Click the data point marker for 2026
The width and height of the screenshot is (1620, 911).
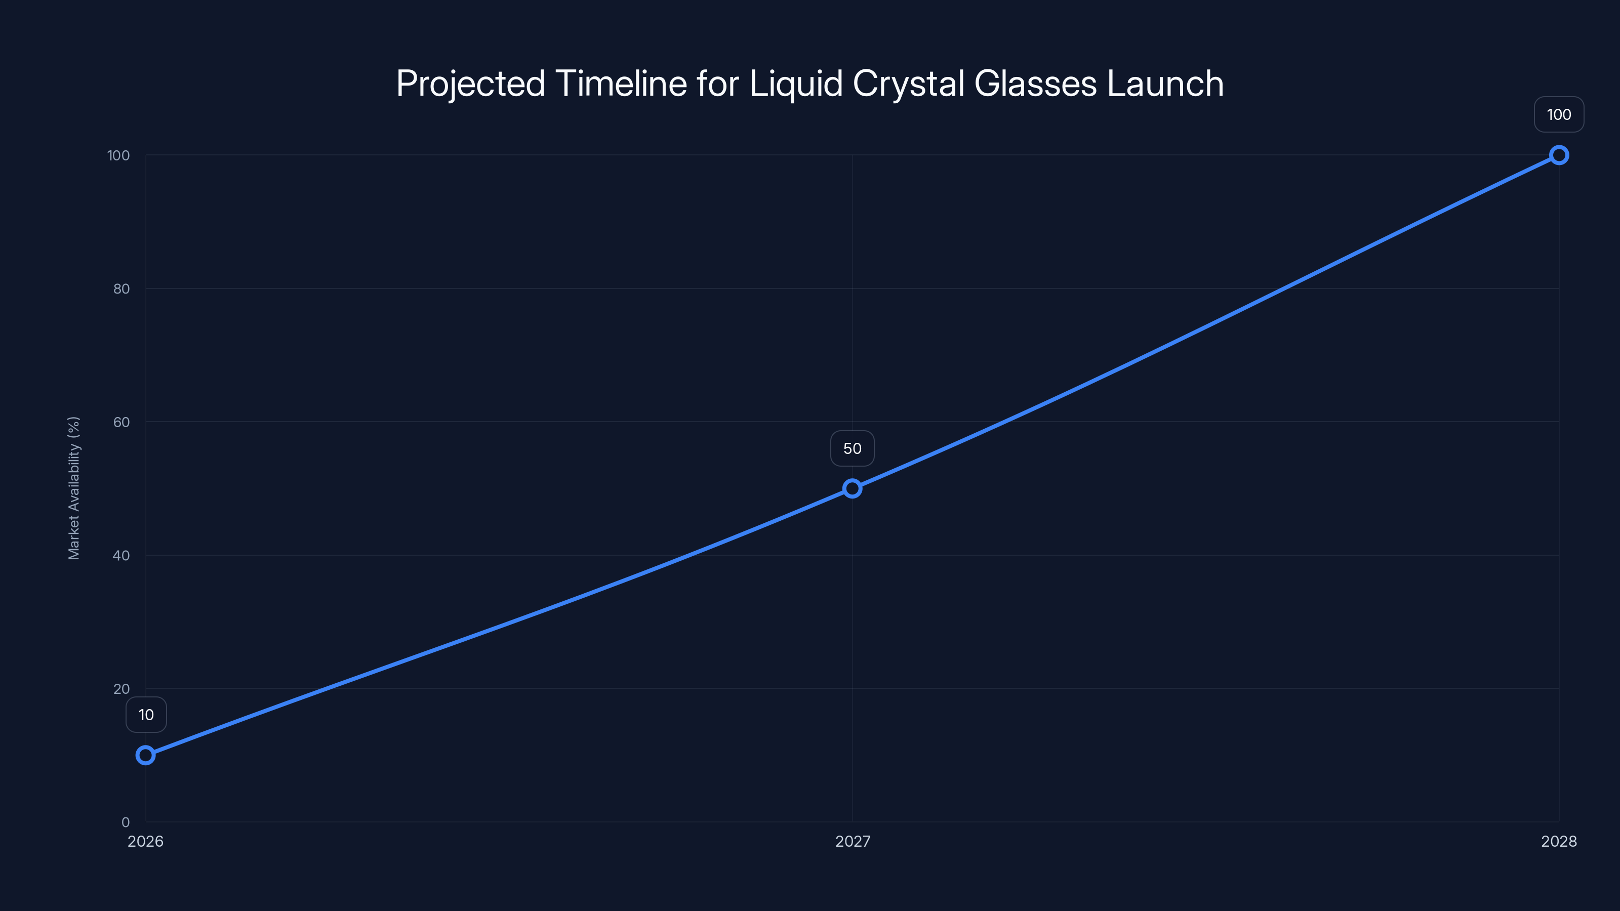pos(145,755)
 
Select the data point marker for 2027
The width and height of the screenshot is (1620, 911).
pos(852,488)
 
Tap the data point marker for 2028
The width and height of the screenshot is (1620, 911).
pos(1559,155)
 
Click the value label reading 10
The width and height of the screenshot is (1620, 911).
pos(146,715)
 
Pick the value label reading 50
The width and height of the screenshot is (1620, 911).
pos(852,448)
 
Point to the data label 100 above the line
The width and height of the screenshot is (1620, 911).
pos(1559,114)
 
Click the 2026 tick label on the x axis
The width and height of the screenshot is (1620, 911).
pos(145,841)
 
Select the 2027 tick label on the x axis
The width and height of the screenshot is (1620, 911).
pos(852,841)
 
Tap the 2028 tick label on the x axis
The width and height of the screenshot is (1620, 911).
pos(1558,841)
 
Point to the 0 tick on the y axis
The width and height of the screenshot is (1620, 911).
pos(125,822)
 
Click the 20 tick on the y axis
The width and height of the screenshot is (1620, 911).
pos(121,688)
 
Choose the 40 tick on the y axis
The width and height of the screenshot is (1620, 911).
pos(121,555)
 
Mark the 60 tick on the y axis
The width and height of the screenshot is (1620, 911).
pos(121,422)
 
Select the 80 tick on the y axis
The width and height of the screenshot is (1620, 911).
pos(121,288)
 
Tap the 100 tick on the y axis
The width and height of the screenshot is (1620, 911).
pos(118,155)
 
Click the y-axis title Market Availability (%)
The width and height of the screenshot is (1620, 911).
pos(73,488)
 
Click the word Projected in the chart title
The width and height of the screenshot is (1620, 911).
pos(470,84)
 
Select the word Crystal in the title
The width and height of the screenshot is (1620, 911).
pos(908,84)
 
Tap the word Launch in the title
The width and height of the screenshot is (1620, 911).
pos(1165,84)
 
